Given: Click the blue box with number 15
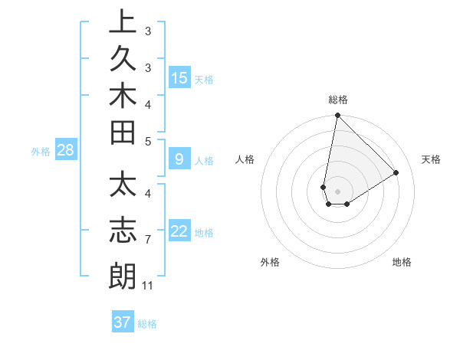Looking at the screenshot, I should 179,77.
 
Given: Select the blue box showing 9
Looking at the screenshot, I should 179,159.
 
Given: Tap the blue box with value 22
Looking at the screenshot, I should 179,231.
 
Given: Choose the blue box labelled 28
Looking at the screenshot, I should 65,150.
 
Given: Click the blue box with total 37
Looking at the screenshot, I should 122,322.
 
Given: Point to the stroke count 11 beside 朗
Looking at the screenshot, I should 148,286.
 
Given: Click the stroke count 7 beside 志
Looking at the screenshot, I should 147,240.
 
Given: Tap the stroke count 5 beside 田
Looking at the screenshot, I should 147,141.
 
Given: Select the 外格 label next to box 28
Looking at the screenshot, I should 41,152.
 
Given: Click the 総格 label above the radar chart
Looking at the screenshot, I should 338,100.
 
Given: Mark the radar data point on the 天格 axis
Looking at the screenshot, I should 396,173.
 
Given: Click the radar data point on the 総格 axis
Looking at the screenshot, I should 337,116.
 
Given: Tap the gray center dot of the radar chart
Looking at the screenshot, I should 337,191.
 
